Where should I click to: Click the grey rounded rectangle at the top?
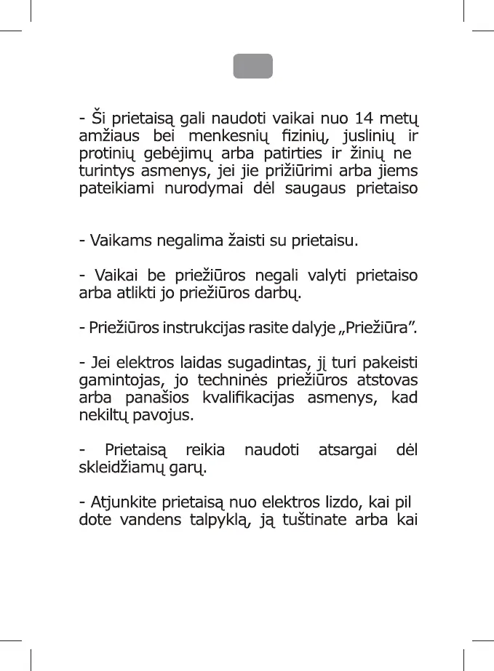pos(252,66)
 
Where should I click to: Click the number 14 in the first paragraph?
pos(364,118)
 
